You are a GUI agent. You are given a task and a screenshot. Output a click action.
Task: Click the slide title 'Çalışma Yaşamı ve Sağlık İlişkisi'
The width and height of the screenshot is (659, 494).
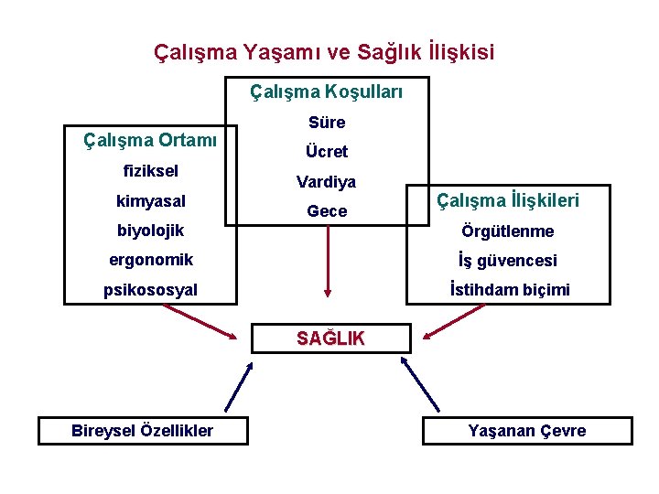click(x=324, y=52)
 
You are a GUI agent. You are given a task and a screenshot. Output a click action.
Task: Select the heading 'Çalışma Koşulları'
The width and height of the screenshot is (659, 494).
click(x=326, y=92)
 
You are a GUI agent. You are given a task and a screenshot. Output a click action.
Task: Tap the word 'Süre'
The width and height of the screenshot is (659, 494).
click(x=327, y=123)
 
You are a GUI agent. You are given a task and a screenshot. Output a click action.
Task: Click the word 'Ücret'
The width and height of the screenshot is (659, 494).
click(x=327, y=152)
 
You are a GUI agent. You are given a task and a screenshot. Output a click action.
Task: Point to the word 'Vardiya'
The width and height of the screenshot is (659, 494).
click(x=326, y=182)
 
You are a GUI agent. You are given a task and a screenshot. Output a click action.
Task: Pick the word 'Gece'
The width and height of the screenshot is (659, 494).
click(x=327, y=211)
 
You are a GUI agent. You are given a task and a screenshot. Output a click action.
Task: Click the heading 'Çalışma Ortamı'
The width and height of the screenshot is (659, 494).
click(x=150, y=140)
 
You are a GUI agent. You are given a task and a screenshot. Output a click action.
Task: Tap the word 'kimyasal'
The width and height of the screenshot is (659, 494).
click(x=150, y=200)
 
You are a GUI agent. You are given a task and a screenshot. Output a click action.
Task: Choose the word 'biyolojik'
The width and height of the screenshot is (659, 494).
click(x=150, y=230)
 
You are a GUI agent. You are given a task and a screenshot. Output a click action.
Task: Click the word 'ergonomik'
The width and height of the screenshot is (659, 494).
click(x=150, y=260)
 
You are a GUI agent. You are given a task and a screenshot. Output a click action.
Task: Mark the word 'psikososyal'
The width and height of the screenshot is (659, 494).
click(x=150, y=290)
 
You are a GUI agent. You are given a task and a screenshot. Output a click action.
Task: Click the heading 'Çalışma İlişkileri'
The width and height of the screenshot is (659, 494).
click(x=508, y=199)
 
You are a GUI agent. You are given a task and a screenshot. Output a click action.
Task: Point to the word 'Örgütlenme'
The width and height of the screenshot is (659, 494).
click(x=508, y=231)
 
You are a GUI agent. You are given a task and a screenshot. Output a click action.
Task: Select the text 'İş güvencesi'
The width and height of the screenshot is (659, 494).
click(x=509, y=261)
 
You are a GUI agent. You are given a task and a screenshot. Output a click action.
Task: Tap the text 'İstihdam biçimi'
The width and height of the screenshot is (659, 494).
click(x=509, y=290)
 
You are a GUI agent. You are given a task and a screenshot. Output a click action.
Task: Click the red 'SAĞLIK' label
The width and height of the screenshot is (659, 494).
click(x=330, y=338)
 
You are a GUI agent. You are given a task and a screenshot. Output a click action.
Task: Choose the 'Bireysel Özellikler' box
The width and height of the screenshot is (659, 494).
click(x=142, y=431)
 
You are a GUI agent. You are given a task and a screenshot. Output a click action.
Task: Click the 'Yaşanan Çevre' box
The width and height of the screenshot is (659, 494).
click(x=526, y=431)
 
